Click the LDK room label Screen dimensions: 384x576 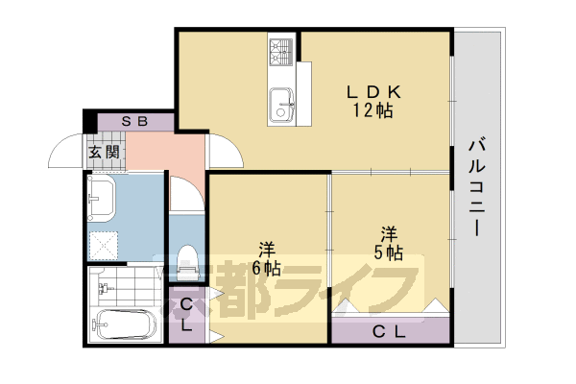(372, 92)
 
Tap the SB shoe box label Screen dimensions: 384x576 (134, 122)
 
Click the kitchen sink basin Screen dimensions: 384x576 (281, 99)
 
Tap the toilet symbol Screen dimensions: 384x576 (186, 259)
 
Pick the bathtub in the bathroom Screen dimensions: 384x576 (123, 324)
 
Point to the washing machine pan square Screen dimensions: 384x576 (105, 243)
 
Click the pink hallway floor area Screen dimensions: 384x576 (163, 152)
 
